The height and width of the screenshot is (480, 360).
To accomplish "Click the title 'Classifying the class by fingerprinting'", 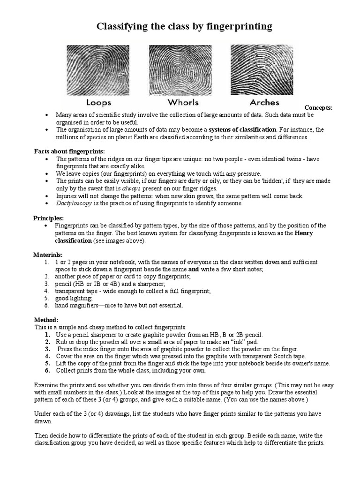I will click(184, 26).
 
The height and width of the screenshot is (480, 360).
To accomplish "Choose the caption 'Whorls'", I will click(183, 102).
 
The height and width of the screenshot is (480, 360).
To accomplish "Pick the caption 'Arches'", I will click(265, 102).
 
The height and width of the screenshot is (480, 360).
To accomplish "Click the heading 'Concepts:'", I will click(318, 108).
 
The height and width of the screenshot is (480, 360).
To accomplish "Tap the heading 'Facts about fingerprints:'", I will click(69, 151).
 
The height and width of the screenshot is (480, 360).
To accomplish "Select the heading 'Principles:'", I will click(49, 218).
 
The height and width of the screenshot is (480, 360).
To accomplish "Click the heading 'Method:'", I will click(46, 320).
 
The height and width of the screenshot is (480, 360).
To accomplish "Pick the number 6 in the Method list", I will click(47, 370).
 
